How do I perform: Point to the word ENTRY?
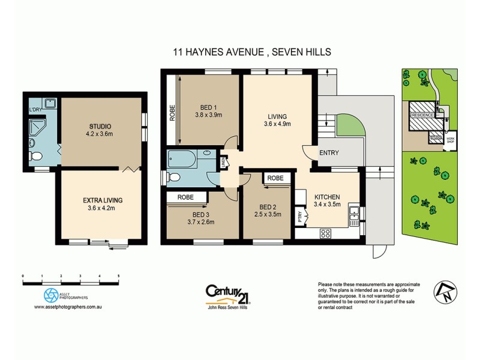point(329,153)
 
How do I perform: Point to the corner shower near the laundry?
point(38,129)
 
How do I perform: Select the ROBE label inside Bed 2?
point(275,178)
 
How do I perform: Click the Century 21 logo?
point(227,292)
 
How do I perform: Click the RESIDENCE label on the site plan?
point(422,114)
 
